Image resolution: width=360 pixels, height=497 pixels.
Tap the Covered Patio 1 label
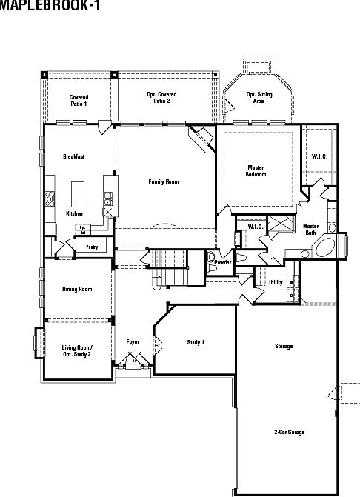(x=79, y=100)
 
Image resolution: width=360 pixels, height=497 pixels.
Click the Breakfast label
(x=74, y=156)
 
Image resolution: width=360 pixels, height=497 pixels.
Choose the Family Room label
(x=163, y=181)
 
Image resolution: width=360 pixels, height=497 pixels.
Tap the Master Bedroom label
(x=256, y=170)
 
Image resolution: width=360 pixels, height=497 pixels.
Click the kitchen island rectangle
(x=77, y=195)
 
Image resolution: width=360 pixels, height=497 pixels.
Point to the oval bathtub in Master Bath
(x=327, y=248)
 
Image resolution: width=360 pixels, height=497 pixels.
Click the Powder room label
(x=222, y=262)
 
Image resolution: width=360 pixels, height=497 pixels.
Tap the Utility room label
(x=276, y=282)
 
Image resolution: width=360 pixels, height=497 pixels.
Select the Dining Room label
(x=77, y=289)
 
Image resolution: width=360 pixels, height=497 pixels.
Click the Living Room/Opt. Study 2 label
(x=76, y=351)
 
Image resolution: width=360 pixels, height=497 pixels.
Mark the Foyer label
(x=133, y=341)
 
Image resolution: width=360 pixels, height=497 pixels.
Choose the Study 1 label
(x=196, y=342)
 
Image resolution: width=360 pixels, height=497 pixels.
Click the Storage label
(x=283, y=346)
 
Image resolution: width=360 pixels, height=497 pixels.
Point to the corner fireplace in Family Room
(x=200, y=139)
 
